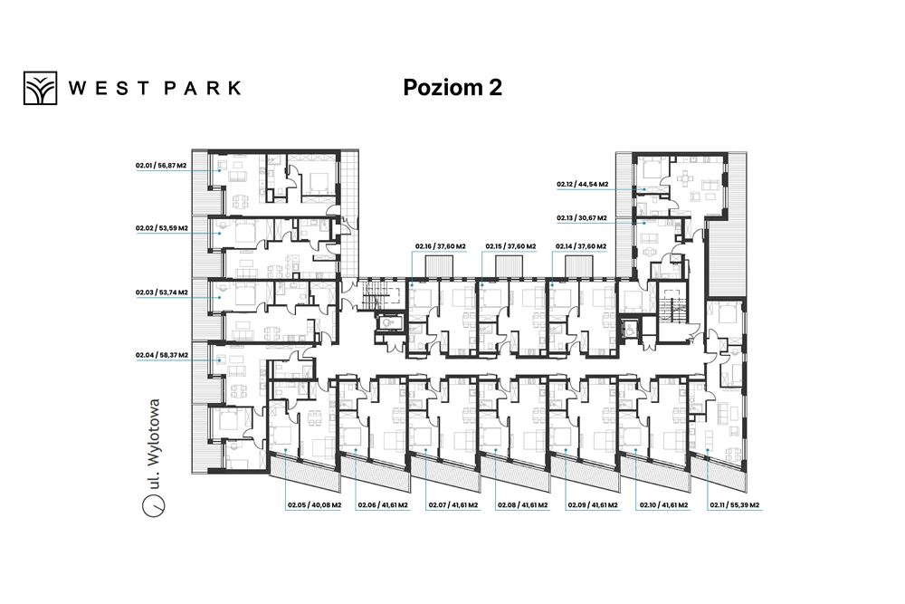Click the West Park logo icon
click(41, 88)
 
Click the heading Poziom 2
click(452, 87)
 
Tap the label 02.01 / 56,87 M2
click(161, 165)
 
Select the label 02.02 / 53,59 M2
click(162, 228)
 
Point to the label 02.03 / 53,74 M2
click(162, 292)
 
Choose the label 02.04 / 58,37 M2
click(162, 355)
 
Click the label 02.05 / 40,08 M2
click(315, 505)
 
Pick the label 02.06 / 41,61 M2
click(383, 505)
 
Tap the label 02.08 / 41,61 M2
click(523, 505)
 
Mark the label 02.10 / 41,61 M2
click(663, 505)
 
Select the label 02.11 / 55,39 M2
click(735, 505)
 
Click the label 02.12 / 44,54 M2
click(582, 185)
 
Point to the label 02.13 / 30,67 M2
click(582, 218)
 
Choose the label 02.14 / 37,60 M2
click(581, 246)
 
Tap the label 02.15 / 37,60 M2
click(510, 246)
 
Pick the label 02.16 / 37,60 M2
click(441, 246)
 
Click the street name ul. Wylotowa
click(153, 444)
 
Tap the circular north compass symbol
click(154, 505)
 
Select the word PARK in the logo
click(203, 88)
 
